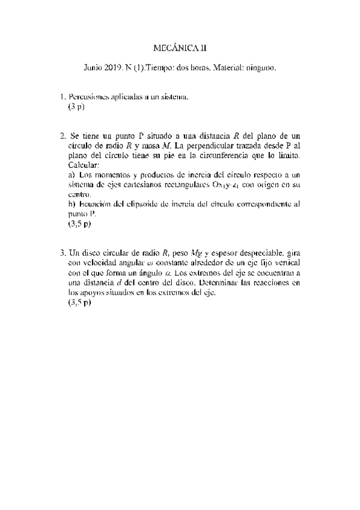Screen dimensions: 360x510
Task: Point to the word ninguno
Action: click(260, 69)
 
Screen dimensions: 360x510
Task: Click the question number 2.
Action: click(63, 136)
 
